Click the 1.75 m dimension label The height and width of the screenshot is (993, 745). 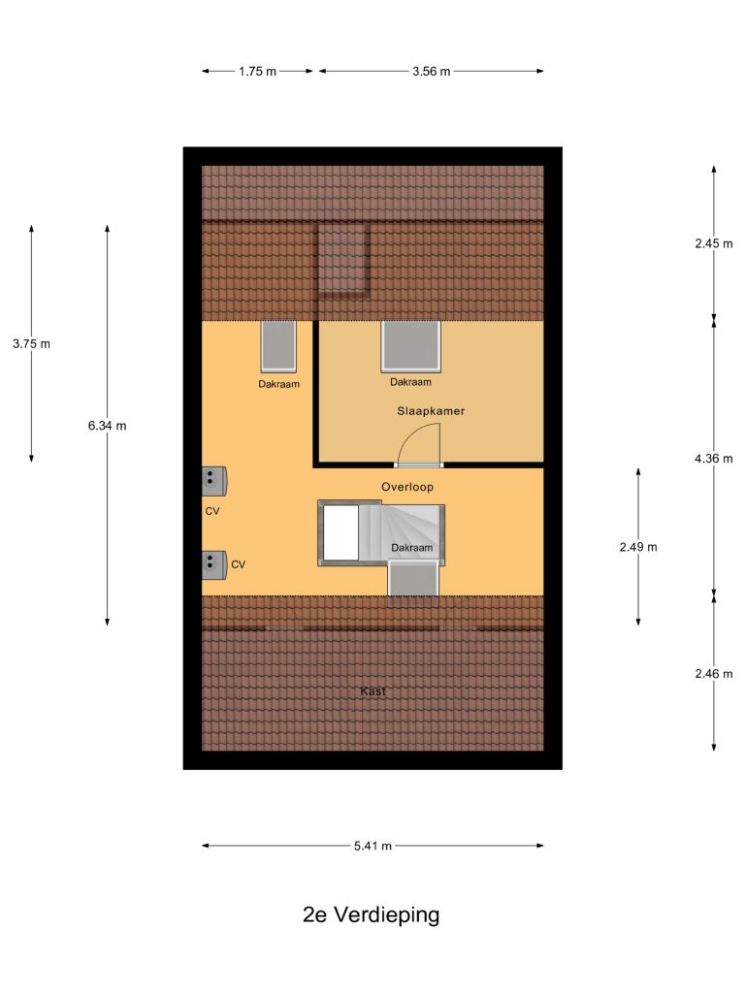pyautogui.click(x=257, y=72)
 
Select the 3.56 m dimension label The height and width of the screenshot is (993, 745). pyautogui.click(x=432, y=72)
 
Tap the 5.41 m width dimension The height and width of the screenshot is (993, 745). pyautogui.click(x=372, y=846)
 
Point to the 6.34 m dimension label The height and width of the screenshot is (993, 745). pyautogui.click(x=107, y=426)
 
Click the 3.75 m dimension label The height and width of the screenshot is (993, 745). pyautogui.click(x=31, y=344)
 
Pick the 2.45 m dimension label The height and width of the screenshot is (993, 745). pyautogui.click(x=713, y=243)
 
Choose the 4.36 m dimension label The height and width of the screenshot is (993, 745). pyautogui.click(x=713, y=458)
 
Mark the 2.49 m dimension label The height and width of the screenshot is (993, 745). pyautogui.click(x=638, y=547)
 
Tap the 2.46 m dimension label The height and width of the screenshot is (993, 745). pyautogui.click(x=713, y=674)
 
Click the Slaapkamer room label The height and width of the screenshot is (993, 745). pyautogui.click(x=431, y=411)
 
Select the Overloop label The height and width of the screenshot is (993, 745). pyautogui.click(x=407, y=487)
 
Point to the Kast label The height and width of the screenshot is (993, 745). pyautogui.click(x=372, y=690)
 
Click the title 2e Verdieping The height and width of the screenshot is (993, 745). pyautogui.click(x=372, y=914)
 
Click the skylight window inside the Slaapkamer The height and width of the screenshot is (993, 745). pyautogui.click(x=410, y=346)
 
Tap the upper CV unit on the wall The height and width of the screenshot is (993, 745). pyautogui.click(x=214, y=481)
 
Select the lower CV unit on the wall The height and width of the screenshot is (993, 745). pyautogui.click(x=214, y=565)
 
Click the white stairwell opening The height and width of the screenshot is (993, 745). pyautogui.click(x=340, y=533)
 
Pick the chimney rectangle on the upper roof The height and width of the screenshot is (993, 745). pyautogui.click(x=343, y=260)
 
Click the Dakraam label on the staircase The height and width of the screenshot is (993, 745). pyautogui.click(x=411, y=548)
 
